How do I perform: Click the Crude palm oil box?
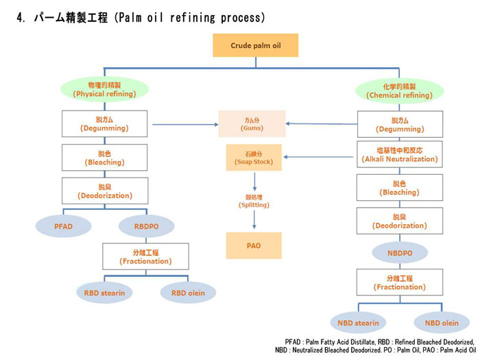(x=254, y=45)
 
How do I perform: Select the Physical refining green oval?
(x=105, y=89)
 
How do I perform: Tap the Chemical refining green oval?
(x=400, y=91)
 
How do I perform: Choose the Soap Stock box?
(x=254, y=158)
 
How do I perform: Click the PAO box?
(x=254, y=245)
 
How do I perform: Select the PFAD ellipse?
(x=63, y=226)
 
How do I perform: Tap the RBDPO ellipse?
(x=145, y=226)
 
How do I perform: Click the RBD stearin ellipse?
(x=104, y=293)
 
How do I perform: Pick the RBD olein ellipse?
(x=187, y=293)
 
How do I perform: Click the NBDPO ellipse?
(x=400, y=252)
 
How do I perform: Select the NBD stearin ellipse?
(x=358, y=322)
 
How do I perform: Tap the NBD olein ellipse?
(x=441, y=322)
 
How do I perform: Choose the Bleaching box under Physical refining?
(x=104, y=158)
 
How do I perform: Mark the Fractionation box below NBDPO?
(x=400, y=283)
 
